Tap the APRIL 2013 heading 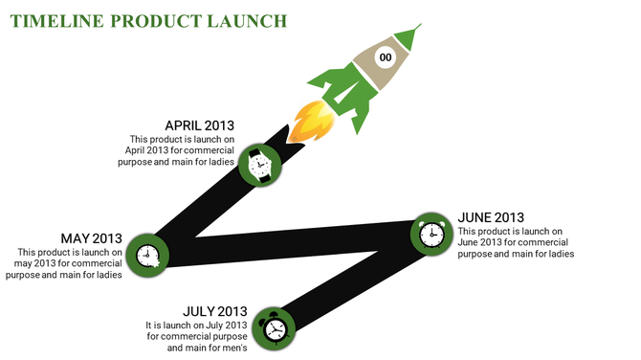(199, 125)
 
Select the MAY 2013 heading (92, 238)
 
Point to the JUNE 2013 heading (491, 217)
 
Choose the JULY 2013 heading (215, 311)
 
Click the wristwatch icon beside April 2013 (259, 165)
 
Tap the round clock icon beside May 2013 (147, 255)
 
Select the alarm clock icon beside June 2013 (431, 233)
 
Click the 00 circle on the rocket (386, 58)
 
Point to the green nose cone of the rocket (409, 38)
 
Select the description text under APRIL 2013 (182, 150)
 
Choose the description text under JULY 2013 (197, 336)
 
